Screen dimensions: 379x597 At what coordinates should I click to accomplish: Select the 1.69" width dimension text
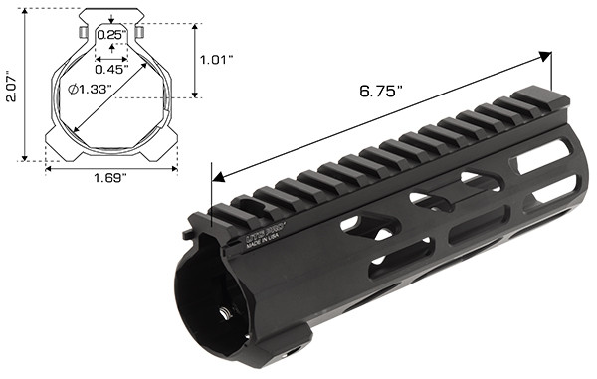109,178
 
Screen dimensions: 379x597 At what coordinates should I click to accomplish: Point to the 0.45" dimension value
110,69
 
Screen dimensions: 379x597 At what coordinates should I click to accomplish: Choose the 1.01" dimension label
217,59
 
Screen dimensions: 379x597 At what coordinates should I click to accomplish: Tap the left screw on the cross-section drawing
80,33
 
